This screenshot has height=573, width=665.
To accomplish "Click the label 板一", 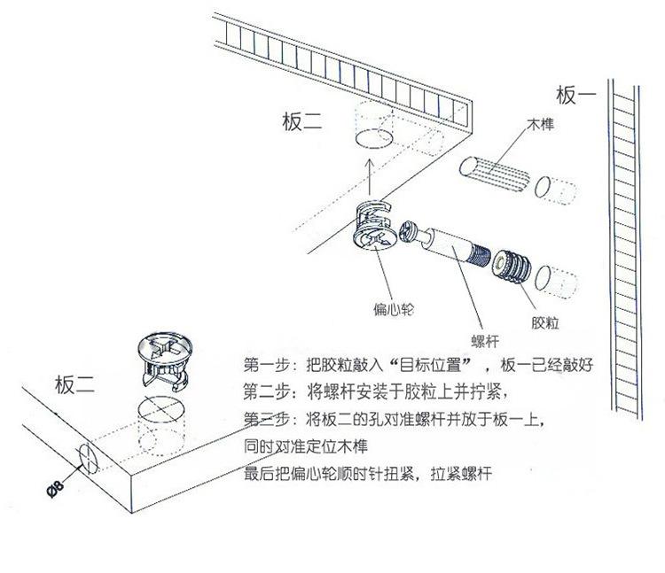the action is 576,95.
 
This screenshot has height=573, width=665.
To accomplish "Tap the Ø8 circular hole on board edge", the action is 89,458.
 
